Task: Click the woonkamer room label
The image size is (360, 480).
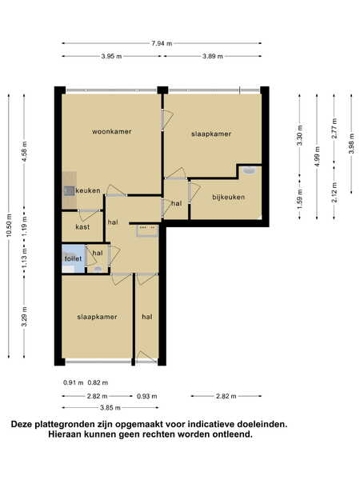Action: (x=112, y=132)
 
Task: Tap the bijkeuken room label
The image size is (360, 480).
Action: (x=229, y=197)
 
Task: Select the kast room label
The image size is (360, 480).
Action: (x=82, y=227)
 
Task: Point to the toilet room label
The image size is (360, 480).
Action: (x=73, y=258)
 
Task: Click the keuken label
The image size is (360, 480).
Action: (x=88, y=190)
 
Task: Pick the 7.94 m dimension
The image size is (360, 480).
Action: (x=162, y=43)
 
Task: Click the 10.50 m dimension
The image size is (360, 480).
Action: (x=9, y=225)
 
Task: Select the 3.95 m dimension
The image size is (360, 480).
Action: (x=111, y=56)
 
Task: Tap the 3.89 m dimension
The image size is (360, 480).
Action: (x=213, y=56)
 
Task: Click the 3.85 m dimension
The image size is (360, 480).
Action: (x=110, y=408)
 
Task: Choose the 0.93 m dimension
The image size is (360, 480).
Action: (x=147, y=396)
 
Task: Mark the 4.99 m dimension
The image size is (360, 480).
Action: (x=317, y=157)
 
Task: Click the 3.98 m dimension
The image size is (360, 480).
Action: (x=351, y=143)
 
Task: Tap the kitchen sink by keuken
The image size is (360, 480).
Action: (x=69, y=191)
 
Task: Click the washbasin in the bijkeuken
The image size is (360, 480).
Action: (x=249, y=170)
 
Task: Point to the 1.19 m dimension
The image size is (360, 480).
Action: (x=25, y=226)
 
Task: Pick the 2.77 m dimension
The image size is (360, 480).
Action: (x=334, y=129)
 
